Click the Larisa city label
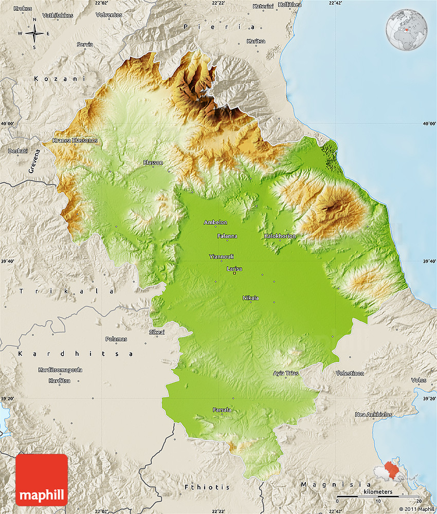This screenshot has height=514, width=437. coord(234,269)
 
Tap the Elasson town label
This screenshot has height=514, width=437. coord(153,162)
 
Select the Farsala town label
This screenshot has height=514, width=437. coord(222,410)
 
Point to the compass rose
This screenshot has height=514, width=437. coord(34,33)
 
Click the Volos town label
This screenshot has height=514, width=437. coord(418,380)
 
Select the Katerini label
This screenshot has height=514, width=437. coord(264,6)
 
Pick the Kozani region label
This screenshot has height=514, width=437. coord(51,79)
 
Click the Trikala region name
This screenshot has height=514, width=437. coord(67,291)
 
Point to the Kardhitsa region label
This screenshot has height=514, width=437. coord(75,354)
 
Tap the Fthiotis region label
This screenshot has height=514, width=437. coord(207,486)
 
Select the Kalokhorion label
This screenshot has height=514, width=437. coord(280,236)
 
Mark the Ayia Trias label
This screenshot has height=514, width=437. coord(285,373)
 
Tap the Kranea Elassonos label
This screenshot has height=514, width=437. coord(75,140)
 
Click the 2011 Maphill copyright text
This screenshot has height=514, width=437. coord(416,509)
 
